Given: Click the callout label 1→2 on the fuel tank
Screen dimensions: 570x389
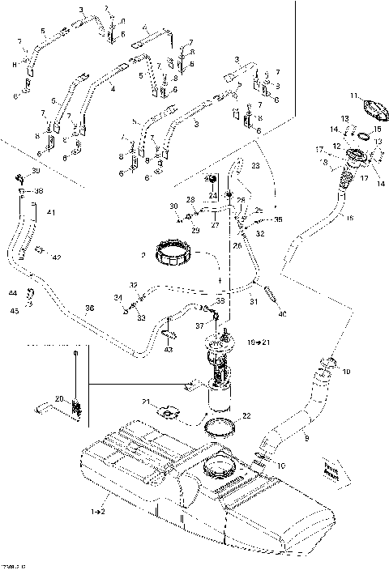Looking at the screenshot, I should [98, 512].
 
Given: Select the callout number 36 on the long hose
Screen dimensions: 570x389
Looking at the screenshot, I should [89, 308].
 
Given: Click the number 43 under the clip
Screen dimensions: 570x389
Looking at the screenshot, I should [169, 349].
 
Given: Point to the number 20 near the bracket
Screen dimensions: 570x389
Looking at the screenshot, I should [58, 398].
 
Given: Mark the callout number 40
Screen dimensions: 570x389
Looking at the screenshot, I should [283, 313].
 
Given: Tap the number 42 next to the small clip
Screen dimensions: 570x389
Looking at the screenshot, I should [56, 258].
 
